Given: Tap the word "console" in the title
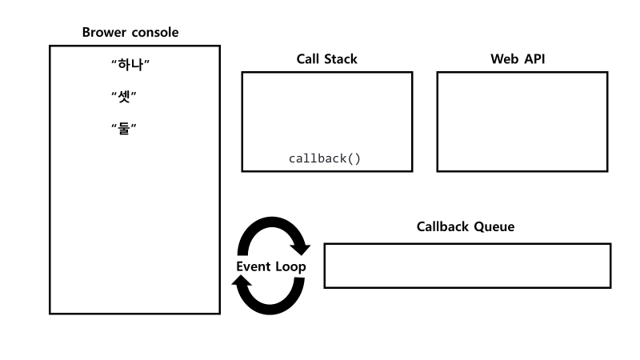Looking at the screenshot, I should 154,33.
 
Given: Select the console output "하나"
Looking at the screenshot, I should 131,63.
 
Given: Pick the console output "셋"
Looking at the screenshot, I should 126,96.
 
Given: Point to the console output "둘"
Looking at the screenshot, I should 126,128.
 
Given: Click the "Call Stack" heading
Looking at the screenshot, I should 326,59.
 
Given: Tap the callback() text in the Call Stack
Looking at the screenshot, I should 325,158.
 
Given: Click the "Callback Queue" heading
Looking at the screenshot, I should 466,227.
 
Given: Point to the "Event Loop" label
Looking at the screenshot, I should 270,266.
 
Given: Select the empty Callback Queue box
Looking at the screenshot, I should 467,266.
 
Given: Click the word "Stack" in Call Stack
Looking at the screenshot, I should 340,59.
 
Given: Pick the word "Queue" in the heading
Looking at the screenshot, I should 494,227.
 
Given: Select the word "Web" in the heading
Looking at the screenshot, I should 504,59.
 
